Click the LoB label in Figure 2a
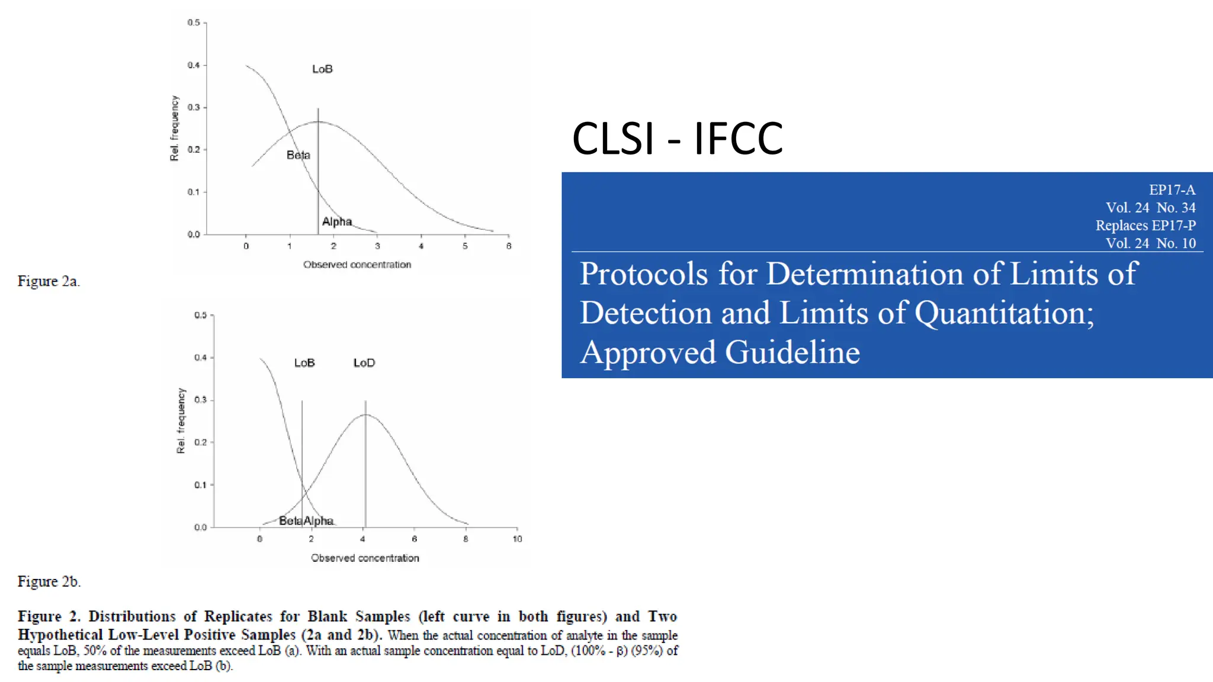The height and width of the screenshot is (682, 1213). coord(322,69)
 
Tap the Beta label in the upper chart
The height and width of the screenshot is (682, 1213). coord(298,155)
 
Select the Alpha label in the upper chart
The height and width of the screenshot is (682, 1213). coord(337,221)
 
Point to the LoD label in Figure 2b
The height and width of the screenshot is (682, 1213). coord(364,363)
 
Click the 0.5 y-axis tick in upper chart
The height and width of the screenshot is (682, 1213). coord(194,22)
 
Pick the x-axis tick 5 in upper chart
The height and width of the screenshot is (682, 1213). coord(465,246)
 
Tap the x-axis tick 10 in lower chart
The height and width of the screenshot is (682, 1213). coord(517,539)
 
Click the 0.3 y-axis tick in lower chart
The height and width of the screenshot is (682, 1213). coord(200,400)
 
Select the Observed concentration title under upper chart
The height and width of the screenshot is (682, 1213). coord(357,265)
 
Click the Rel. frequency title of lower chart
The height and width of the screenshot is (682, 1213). coord(181,421)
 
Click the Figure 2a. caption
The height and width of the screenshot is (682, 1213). coord(49,281)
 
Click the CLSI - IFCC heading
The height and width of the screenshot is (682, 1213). coord(677,139)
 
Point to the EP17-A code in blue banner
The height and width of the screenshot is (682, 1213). coord(1172,190)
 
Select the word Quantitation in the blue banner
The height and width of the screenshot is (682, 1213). coord(1004,313)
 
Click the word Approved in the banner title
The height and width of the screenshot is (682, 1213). coord(647,352)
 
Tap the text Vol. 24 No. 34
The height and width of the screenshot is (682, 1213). coord(1150,208)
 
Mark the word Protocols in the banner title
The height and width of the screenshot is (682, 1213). coord(644,274)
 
